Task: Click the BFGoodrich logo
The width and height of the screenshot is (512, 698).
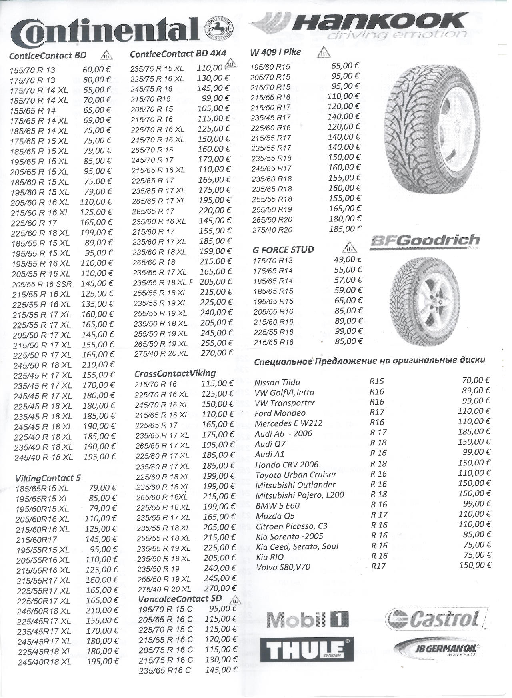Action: pyautogui.click(x=425, y=241)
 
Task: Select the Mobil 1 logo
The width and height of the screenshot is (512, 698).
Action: pyautogui.click(x=307, y=620)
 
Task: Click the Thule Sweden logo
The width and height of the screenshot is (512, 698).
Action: pyautogui.click(x=307, y=650)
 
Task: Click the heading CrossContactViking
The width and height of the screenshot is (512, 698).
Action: pyautogui.click(x=175, y=373)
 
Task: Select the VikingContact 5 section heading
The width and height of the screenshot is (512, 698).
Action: pyautogui.click(x=48, y=477)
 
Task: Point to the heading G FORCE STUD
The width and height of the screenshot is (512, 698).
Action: pyautogui.click(x=283, y=250)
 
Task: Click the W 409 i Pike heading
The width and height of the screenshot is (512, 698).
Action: pyautogui.click(x=276, y=52)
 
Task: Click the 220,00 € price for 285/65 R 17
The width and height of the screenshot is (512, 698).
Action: pyautogui.click(x=215, y=210)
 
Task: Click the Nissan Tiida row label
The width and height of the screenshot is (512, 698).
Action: pyautogui.click(x=277, y=382)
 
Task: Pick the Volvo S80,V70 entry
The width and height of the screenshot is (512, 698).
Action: pyautogui.click(x=283, y=567)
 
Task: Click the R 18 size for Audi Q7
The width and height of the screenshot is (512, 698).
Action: pyautogui.click(x=378, y=443)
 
